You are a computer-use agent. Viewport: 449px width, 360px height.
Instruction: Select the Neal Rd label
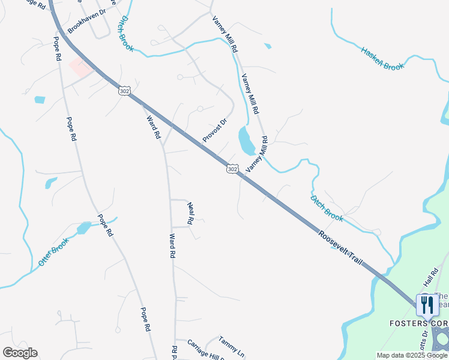coord(190,213)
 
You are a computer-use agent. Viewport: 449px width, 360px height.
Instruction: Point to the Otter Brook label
coord(53,252)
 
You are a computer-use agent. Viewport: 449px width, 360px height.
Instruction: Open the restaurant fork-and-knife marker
coord(427,305)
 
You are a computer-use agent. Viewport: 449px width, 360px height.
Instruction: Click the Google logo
coord(20,353)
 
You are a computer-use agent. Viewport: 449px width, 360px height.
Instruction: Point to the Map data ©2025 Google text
coord(412,355)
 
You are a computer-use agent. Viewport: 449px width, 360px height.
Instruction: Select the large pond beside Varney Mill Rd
coord(246,140)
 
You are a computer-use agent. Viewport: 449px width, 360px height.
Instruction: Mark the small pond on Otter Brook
coord(83,228)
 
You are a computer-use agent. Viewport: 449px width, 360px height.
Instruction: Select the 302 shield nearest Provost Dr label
coord(233,169)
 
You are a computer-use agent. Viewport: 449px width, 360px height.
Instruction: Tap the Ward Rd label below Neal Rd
coord(172,246)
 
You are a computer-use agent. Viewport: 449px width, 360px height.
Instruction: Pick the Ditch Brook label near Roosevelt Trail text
coord(327,208)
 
